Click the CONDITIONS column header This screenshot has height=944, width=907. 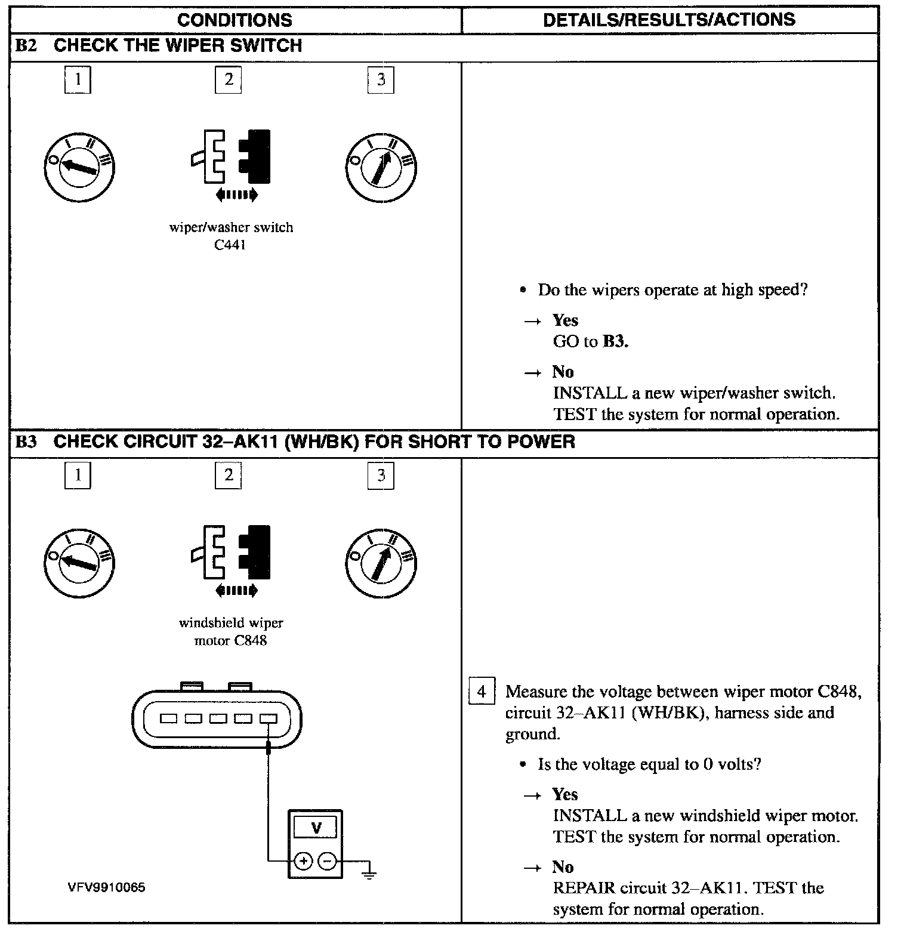(235, 20)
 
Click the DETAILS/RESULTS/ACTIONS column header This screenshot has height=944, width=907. (669, 20)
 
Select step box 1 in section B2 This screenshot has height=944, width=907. (78, 80)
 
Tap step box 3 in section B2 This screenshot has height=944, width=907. (381, 80)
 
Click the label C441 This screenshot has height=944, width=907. (230, 245)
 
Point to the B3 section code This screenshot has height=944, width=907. (26, 442)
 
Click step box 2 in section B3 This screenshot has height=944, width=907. (229, 476)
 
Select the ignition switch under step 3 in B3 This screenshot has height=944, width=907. (381, 563)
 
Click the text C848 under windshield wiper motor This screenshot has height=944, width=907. (251, 641)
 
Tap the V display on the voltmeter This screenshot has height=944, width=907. (316, 828)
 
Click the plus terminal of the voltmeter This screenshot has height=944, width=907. (303, 861)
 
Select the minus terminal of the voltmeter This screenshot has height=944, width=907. (326, 861)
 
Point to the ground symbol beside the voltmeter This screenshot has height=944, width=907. (369, 874)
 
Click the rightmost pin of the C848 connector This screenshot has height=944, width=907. (269, 718)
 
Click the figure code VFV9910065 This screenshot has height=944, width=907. (106, 887)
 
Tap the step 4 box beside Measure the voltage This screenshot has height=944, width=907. (482, 692)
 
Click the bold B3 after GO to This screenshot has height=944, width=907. (615, 341)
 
